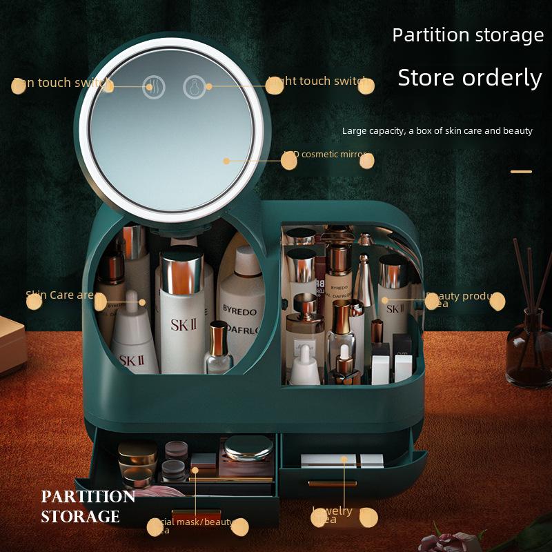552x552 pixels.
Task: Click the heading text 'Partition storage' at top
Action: pos(468,35)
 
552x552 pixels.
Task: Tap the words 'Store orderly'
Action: pos(469,78)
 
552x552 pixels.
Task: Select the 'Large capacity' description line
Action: pos(437,131)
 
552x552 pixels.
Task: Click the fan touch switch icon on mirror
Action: pos(153,87)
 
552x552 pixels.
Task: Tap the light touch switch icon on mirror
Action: pos(194,87)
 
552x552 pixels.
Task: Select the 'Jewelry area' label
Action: pos(334,514)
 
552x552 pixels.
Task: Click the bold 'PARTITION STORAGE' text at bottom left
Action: pos(87,506)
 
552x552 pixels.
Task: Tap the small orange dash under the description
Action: pos(521,171)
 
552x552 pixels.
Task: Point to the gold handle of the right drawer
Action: pos(332,484)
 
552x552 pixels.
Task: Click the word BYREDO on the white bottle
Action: pos(239,310)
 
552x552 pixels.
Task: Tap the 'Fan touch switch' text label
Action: pos(62,83)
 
